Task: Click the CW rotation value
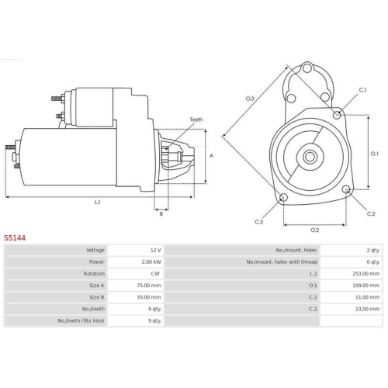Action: click(155, 274)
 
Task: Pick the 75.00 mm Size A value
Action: click(147, 286)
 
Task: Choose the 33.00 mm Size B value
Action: click(147, 297)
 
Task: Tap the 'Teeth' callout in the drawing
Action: click(196, 120)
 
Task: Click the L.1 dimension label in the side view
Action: click(98, 203)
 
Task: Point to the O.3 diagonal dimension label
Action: click(250, 99)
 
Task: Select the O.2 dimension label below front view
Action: click(314, 230)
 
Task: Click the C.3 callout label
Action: click(259, 222)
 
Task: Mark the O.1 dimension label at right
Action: click(375, 153)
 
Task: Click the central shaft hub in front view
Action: click(310, 153)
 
